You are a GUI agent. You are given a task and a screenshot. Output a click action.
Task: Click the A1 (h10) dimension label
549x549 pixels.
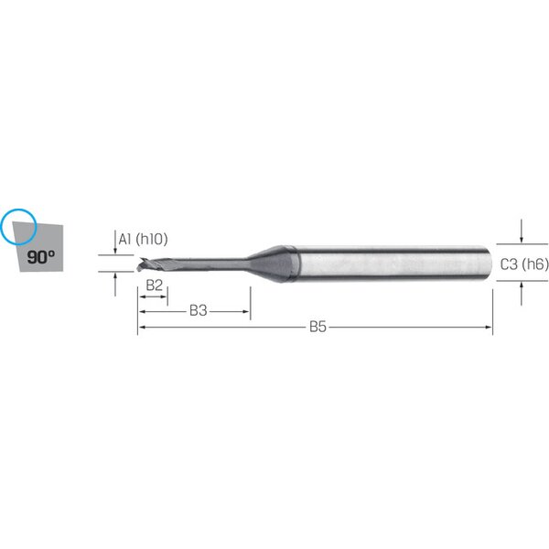point(143,239)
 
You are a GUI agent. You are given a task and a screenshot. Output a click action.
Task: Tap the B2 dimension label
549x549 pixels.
point(154,285)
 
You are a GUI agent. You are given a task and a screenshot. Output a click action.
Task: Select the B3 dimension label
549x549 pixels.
point(199,310)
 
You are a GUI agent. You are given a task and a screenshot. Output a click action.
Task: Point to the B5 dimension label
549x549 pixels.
point(318,327)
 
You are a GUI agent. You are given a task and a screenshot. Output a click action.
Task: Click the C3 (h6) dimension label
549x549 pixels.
point(524,264)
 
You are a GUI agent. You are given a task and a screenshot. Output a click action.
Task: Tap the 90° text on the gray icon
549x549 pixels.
point(40,257)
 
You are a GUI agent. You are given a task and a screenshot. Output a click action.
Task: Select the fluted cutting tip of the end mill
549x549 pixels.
point(154,264)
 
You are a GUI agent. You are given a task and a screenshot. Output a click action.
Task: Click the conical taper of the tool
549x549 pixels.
point(273,264)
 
